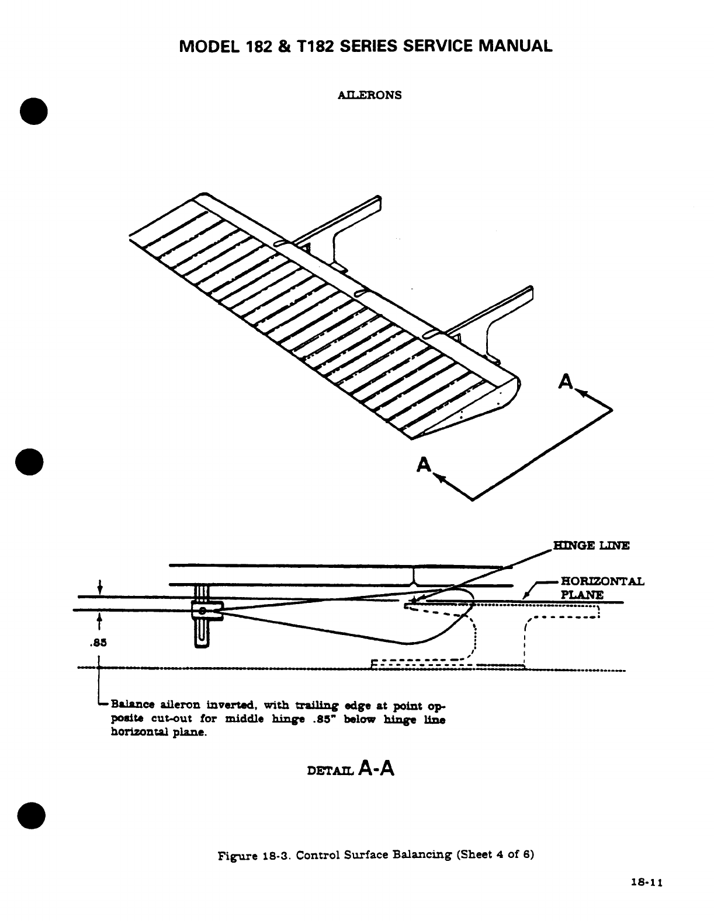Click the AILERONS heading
370,95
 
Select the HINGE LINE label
591,546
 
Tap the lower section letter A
424,465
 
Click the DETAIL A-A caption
351,769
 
